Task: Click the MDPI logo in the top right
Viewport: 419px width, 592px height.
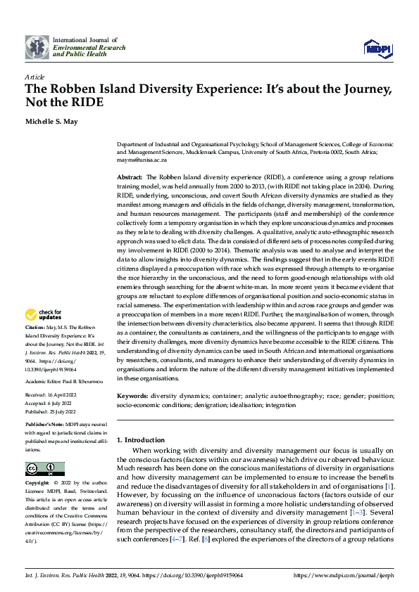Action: [377, 48]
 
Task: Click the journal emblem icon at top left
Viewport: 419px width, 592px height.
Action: [37, 48]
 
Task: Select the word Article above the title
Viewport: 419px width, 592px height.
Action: [35, 77]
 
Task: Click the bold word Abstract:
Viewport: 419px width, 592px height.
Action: [130, 177]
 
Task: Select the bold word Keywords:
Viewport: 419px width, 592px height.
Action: [132, 397]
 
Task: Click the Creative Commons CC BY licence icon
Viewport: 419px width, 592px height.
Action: [44, 468]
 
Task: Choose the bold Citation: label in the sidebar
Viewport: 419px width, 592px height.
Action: [35, 328]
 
